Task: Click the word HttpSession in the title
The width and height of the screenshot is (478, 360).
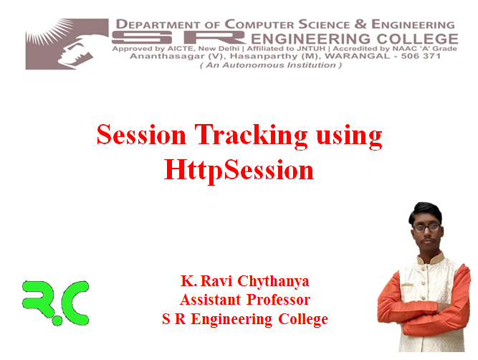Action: click(239, 170)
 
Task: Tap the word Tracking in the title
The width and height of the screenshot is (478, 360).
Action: click(251, 135)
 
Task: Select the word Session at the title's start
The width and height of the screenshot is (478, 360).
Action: click(141, 134)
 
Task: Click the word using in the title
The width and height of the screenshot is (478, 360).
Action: click(349, 137)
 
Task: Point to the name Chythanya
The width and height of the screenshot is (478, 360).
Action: click(273, 281)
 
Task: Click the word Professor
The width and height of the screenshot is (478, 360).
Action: click(278, 300)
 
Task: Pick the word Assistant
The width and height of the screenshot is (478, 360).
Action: click(211, 300)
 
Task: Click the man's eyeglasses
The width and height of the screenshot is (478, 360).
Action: click(427, 227)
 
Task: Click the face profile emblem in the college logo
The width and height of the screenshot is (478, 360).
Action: click(67, 44)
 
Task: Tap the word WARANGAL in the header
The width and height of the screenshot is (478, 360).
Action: click(358, 56)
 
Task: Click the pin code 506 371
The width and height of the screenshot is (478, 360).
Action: click(421, 56)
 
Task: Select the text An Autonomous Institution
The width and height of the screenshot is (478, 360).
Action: click(271, 65)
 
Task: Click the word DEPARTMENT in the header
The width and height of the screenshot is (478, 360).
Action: click(158, 24)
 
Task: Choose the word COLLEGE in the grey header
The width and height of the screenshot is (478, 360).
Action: click(417, 39)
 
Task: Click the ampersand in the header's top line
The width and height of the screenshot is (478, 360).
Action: click(360, 24)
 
